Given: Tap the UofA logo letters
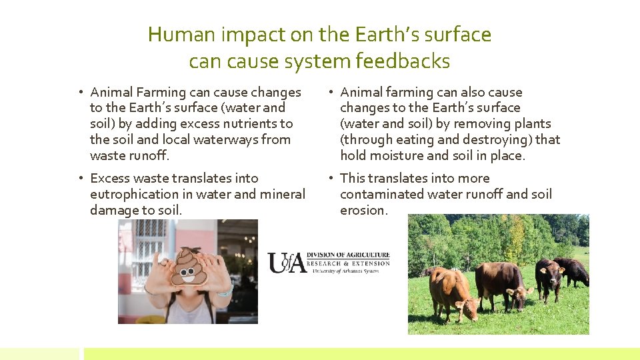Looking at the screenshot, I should point(287,262).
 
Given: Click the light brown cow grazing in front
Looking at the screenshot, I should point(451,292).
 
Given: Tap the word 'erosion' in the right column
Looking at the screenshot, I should point(363,210).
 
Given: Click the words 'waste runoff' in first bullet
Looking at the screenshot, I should point(129,155).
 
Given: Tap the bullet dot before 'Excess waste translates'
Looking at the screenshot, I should point(80,178).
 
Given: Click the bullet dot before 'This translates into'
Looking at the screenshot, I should point(330,178).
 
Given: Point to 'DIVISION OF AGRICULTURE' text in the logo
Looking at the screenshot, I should point(348,254).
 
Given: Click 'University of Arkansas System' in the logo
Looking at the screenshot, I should point(341,271).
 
